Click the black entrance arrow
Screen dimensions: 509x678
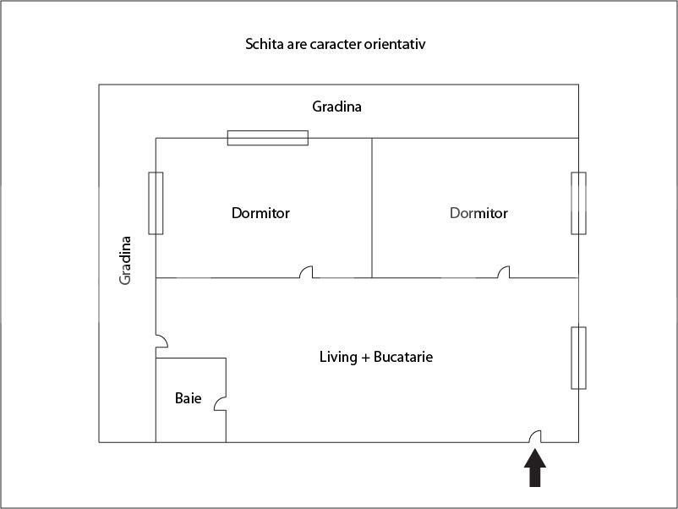[535, 468]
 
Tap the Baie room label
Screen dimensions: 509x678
[188, 397]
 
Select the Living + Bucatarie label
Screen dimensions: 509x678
[375, 357]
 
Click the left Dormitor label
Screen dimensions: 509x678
[260, 213]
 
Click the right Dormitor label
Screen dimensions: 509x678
[478, 213]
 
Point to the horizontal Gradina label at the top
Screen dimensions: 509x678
[336, 107]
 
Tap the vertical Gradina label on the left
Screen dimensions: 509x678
[126, 260]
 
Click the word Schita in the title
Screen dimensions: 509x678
[265, 43]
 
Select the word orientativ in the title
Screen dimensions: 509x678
[396, 43]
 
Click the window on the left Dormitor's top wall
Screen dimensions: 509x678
[267, 138]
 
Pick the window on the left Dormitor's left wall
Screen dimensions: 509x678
[156, 203]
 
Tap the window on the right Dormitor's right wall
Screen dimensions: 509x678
[578, 203]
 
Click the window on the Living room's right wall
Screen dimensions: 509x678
[578, 358]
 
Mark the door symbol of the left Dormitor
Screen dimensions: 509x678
[307, 272]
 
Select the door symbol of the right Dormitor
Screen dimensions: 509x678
[504, 272]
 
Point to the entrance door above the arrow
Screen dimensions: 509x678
[535, 436]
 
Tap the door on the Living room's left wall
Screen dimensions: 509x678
[161, 341]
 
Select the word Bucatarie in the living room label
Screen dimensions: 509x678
[403, 357]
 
